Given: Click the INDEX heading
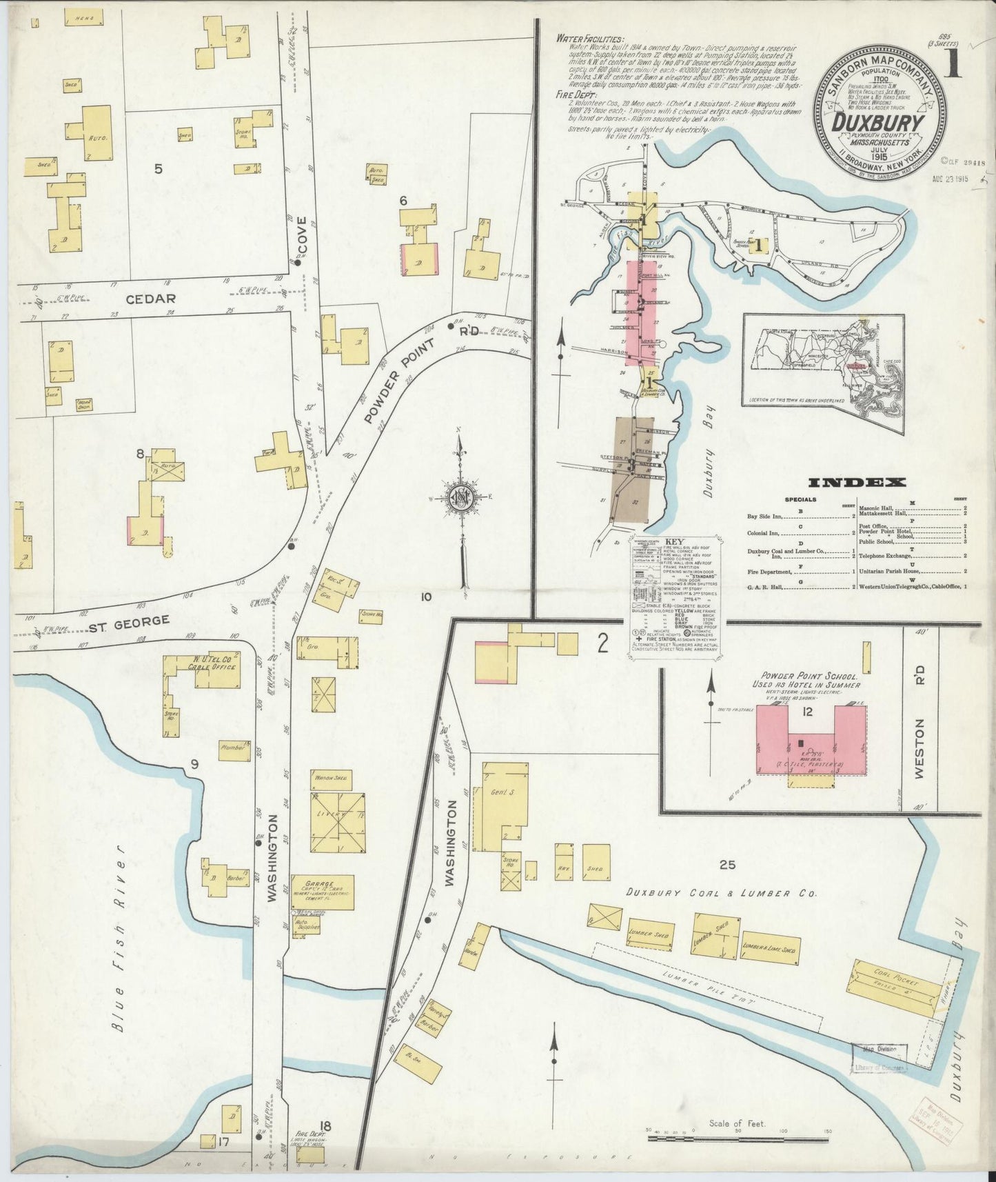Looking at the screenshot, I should coord(857,483).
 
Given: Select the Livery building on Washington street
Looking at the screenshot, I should coord(338,823).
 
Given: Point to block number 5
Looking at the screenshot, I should coord(158,168).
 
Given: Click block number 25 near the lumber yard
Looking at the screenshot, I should coord(726,864).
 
